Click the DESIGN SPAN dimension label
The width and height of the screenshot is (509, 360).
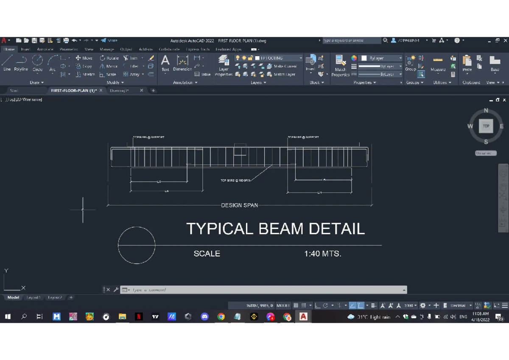(239, 205)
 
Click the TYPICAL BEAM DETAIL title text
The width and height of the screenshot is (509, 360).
(275, 229)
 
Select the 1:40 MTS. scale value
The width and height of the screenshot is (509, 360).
(322, 254)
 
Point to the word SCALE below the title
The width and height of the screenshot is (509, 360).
(207, 254)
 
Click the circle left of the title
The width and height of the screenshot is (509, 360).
(136, 245)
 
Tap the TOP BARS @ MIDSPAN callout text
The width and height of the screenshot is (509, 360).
(236, 181)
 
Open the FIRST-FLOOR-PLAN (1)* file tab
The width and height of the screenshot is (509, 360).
(73, 90)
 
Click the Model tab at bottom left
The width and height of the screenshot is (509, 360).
(13, 298)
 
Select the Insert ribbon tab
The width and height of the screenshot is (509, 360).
(25, 49)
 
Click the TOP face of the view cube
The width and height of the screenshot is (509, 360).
(486, 126)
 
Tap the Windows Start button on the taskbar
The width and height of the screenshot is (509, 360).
(7, 317)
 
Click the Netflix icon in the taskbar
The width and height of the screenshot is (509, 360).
(139, 317)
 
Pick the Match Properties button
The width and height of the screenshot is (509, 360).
(340, 64)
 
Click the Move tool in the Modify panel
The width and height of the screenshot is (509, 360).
(84, 58)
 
